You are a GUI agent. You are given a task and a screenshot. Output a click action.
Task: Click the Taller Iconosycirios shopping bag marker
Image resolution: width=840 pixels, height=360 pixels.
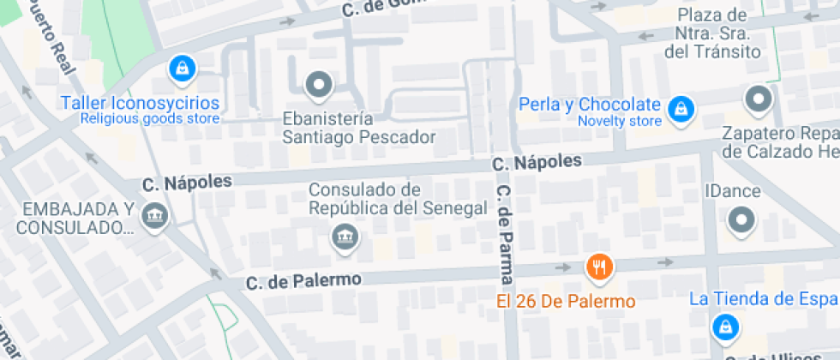click(x=181, y=69)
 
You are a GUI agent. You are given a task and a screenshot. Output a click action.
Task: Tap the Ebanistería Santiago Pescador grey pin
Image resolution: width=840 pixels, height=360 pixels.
click(x=320, y=84)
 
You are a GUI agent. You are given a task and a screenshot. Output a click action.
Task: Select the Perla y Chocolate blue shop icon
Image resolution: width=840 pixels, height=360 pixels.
click(x=681, y=109)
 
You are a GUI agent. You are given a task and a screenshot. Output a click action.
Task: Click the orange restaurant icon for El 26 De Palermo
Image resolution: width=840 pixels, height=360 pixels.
click(x=599, y=267)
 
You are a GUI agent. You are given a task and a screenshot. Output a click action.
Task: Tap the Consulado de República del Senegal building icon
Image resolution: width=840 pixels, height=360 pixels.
click(x=345, y=236)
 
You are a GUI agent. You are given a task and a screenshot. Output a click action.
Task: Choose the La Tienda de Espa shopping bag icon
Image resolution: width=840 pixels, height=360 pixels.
click(x=725, y=327)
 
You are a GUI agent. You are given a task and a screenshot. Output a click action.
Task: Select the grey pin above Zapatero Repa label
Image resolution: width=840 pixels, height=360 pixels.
click(x=759, y=99)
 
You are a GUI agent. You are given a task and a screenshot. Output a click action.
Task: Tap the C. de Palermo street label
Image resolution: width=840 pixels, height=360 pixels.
click(x=303, y=280)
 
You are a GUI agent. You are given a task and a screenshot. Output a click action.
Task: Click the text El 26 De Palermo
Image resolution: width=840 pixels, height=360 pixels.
click(x=567, y=302)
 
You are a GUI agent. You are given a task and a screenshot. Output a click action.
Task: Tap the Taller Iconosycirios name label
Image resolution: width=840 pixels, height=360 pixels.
click(x=140, y=104)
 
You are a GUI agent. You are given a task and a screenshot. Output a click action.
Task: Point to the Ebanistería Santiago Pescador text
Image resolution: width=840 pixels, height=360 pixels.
click(x=359, y=128)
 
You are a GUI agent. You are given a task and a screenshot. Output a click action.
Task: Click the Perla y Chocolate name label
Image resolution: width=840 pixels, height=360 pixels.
click(x=591, y=105)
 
